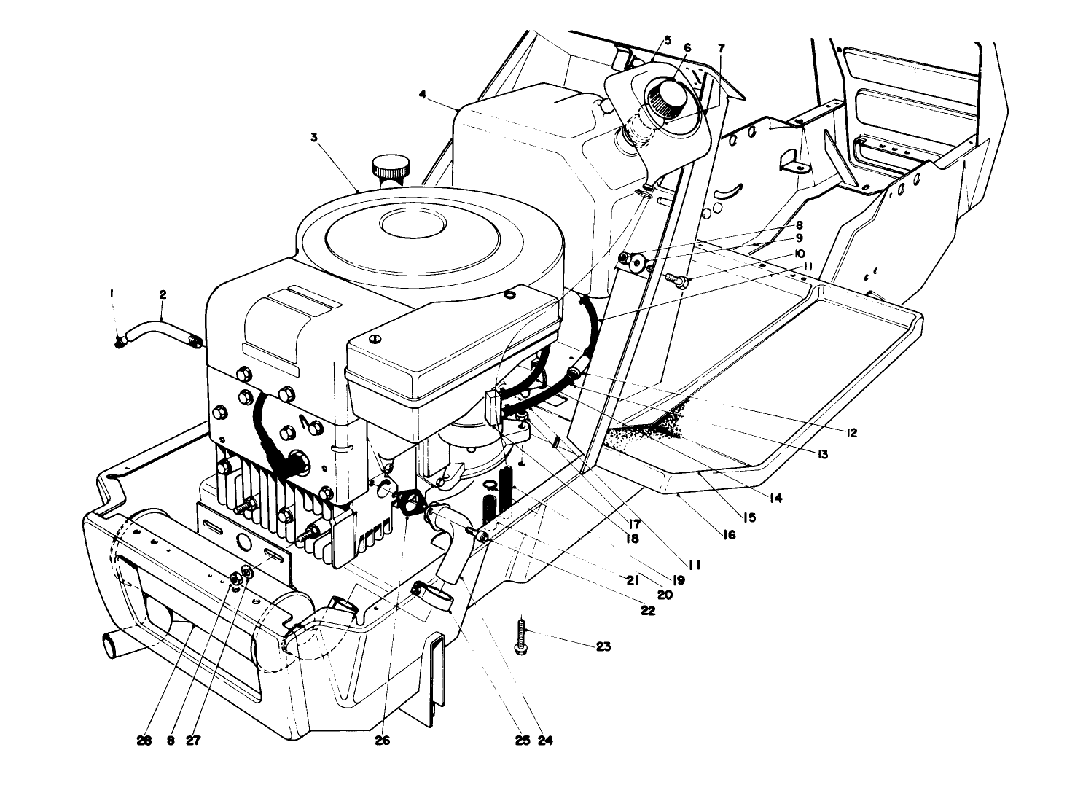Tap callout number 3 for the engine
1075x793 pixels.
pos(314,136)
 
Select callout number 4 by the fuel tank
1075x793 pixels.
pos(423,93)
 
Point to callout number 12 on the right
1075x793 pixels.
pos(851,432)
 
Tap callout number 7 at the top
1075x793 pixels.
pos(721,48)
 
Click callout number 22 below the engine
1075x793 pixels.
pos(647,611)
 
